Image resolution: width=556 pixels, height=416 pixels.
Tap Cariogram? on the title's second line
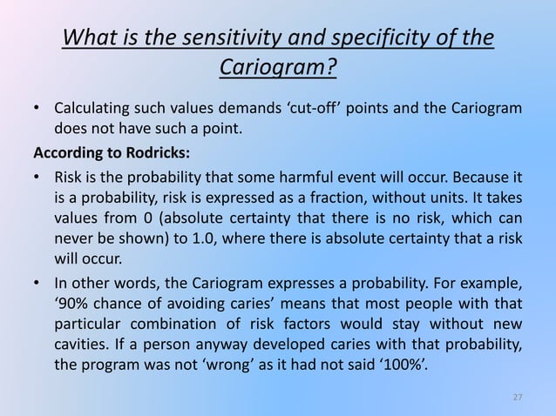point(278,67)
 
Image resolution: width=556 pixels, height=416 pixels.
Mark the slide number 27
point(517,397)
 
